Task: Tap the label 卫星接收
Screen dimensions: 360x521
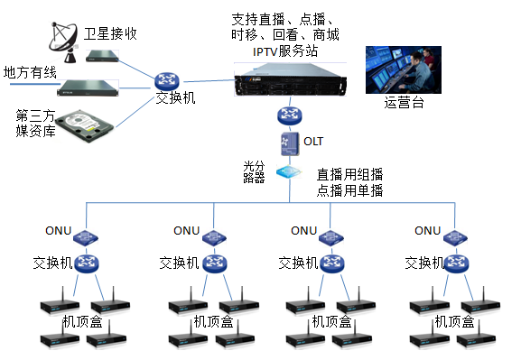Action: click(112, 34)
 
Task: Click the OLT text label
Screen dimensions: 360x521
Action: click(313, 142)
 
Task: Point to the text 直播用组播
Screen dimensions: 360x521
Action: click(349, 173)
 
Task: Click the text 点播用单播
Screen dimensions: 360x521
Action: click(349, 189)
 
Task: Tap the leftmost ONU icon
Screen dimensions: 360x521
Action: click(88, 235)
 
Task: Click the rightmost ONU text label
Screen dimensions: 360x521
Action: click(428, 230)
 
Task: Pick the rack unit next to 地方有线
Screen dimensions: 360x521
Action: click(89, 88)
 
